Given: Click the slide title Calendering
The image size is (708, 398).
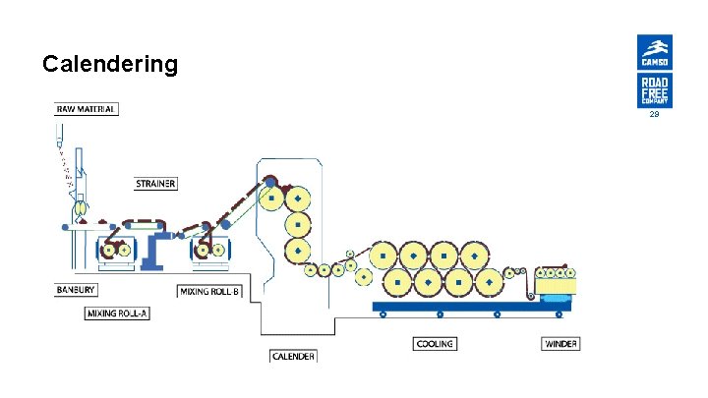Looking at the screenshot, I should pos(110,65).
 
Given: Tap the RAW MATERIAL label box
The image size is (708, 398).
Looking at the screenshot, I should pos(87,109).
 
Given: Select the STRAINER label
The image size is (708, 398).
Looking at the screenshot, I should pos(156,184).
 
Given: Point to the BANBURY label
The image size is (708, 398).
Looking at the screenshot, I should pos(76,290).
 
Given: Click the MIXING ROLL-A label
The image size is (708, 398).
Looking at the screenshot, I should pos(117,313).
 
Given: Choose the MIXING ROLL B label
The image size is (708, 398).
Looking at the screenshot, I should pos(209,291).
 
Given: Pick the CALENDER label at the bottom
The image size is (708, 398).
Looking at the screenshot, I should pos(293,356).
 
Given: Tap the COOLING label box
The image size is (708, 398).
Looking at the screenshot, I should pos(434,344).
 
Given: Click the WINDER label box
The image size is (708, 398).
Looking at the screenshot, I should pos(560,344).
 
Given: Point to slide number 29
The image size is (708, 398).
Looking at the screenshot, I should pos(654,115).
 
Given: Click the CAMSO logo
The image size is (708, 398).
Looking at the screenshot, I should pos(654,53).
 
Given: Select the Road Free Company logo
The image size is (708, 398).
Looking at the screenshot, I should pos(654,91).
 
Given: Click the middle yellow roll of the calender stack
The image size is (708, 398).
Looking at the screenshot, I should pos(297,224).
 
